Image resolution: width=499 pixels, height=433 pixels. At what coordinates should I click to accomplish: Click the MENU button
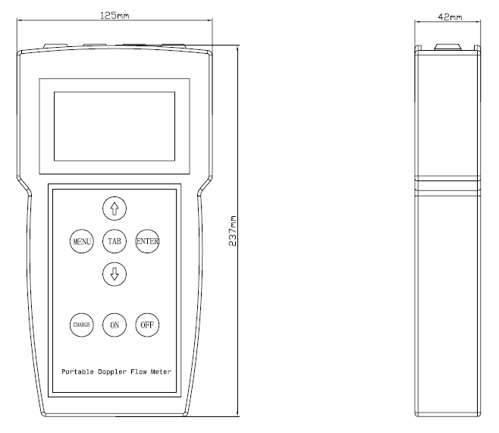82,241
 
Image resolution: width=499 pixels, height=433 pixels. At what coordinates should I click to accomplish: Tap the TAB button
115,241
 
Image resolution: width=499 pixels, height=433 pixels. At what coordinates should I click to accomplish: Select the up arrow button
115,209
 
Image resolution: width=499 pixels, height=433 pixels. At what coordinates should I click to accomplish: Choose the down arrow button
115,274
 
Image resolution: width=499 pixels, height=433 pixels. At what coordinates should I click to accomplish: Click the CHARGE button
82,325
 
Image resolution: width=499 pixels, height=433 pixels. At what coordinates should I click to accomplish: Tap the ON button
115,325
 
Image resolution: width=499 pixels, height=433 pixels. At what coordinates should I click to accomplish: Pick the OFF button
147,325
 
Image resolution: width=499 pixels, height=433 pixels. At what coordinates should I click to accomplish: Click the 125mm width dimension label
115,15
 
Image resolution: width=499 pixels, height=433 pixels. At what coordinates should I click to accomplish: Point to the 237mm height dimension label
233,231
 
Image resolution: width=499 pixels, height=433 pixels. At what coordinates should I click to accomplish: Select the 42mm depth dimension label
450,17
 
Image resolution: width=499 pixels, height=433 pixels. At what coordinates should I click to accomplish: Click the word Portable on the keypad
77,372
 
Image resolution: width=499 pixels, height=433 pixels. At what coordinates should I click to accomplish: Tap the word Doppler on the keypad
112,372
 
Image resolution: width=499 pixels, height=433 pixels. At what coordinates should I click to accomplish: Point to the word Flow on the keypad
139,372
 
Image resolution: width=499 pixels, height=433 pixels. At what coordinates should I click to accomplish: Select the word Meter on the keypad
161,372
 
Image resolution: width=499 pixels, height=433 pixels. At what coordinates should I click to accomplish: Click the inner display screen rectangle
115,127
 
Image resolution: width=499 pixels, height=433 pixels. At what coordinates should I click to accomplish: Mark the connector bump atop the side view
447,47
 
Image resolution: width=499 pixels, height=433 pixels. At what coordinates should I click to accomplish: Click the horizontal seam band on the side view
447,184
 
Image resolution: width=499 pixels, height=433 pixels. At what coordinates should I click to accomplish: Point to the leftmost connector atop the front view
55,46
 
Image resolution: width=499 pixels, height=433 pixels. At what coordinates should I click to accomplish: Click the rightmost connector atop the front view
174,46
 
